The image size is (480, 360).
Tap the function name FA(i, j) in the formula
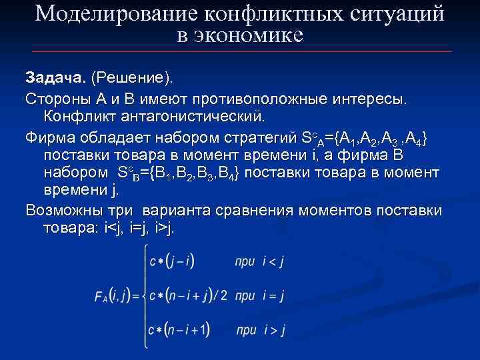pyautogui.click(x=114, y=294)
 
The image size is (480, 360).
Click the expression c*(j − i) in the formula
pyautogui.click(x=171, y=261)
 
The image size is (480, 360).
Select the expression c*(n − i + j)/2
pyautogui.click(x=187, y=294)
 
